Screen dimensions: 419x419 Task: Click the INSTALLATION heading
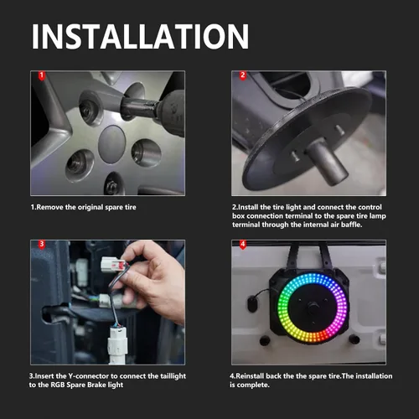tap(140, 37)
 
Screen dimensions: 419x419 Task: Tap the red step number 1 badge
tap(42, 75)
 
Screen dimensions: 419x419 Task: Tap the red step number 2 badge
tap(243, 75)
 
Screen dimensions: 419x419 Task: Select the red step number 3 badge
tap(42, 245)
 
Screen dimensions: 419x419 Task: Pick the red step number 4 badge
tap(243, 245)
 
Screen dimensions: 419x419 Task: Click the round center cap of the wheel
tap(112, 144)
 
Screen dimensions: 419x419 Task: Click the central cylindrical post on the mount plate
tap(327, 162)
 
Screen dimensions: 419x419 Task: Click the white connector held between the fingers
tap(114, 264)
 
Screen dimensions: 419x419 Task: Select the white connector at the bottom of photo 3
tap(118, 345)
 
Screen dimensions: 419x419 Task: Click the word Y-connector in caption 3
tap(89, 376)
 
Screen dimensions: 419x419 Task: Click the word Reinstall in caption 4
tap(250, 376)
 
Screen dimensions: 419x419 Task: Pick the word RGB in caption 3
tap(58, 385)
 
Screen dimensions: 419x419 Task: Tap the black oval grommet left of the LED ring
tap(252, 304)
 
